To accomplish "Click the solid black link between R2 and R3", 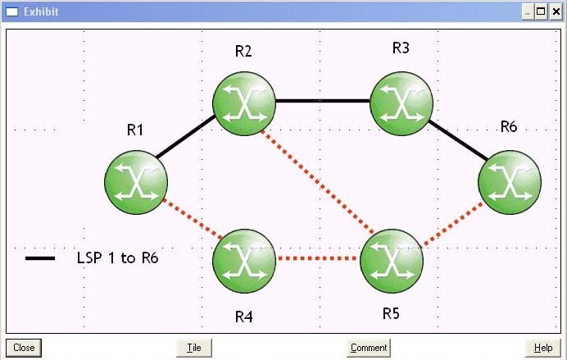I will pyautogui.click(x=322, y=101).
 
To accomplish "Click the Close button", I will pyautogui.click(x=24, y=348).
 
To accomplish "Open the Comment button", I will pyautogui.click(x=369, y=348).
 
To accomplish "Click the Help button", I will pyautogui.click(x=543, y=348).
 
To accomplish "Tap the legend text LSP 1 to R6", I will pyautogui.click(x=117, y=258).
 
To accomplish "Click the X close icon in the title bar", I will pyautogui.click(x=556, y=11).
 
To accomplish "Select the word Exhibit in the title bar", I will pyautogui.click(x=40, y=11).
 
